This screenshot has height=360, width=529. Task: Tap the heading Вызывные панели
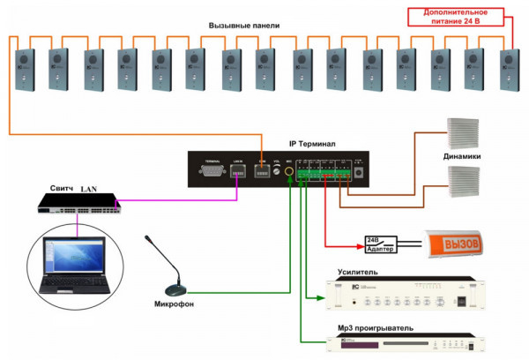244,26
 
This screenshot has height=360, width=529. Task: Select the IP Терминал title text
312,143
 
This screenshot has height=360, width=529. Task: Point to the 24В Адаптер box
382,243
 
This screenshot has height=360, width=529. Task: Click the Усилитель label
357,273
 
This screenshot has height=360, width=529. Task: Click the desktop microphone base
175,289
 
